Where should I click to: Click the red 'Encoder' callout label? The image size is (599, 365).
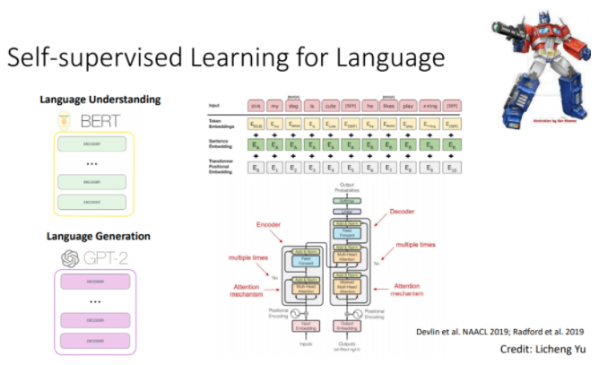(x=272, y=224)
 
